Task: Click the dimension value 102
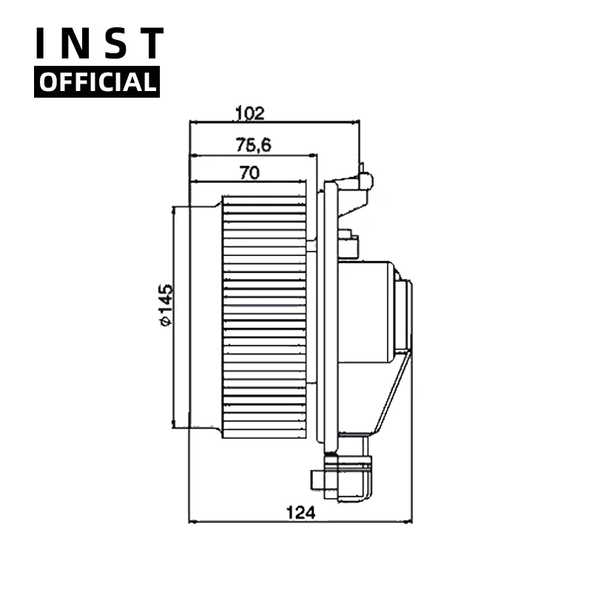tap(249, 113)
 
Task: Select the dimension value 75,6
tap(254, 145)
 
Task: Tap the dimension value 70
tap(249, 173)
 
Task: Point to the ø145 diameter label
tap(165, 304)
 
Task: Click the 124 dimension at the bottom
tap(300, 512)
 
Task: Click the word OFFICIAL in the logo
tap(97, 81)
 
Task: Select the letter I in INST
tap(44, 44)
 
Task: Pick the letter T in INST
tap(151, 44)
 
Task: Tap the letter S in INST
tap(114, 44)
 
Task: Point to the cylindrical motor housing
tap(366, 311)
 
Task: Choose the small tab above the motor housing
tap(348, 246)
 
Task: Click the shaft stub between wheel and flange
tap(312, 245)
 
